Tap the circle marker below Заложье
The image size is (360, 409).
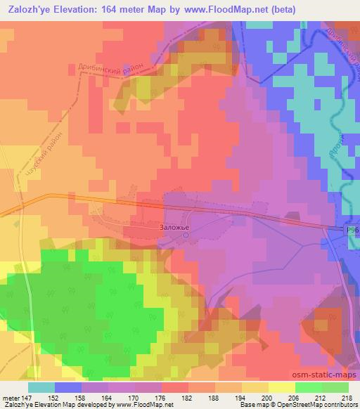pyautogui.click(x=186, y=236)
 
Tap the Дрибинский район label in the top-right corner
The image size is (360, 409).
pyautogui.click(x=341, y=49)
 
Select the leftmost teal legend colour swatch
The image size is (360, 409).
pyautogui.click(x=41, y=387)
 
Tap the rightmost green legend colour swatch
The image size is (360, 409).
pyautogui.click(x=335, y=387)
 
